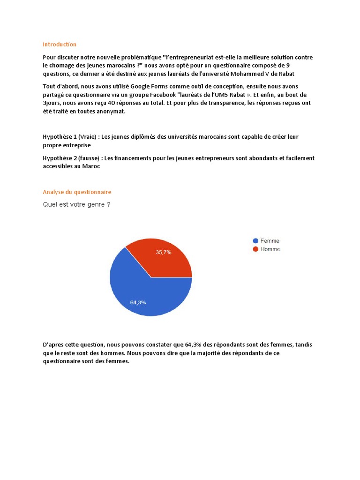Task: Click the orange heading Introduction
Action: (x=60, y=45)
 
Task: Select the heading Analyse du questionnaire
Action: (x=77, y=192)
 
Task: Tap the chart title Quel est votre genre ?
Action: (x=76, y=204)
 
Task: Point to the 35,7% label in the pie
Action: (x=164, y=252)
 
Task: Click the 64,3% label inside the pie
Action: (x=138, y=302)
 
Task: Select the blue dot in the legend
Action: (x=255, y=241)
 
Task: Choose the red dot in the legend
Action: (x=255, y=249)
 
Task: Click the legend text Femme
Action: (x=270, y=241)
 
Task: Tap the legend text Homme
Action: (x=270, y=249)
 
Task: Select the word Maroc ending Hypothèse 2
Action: (x=91, y=166)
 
